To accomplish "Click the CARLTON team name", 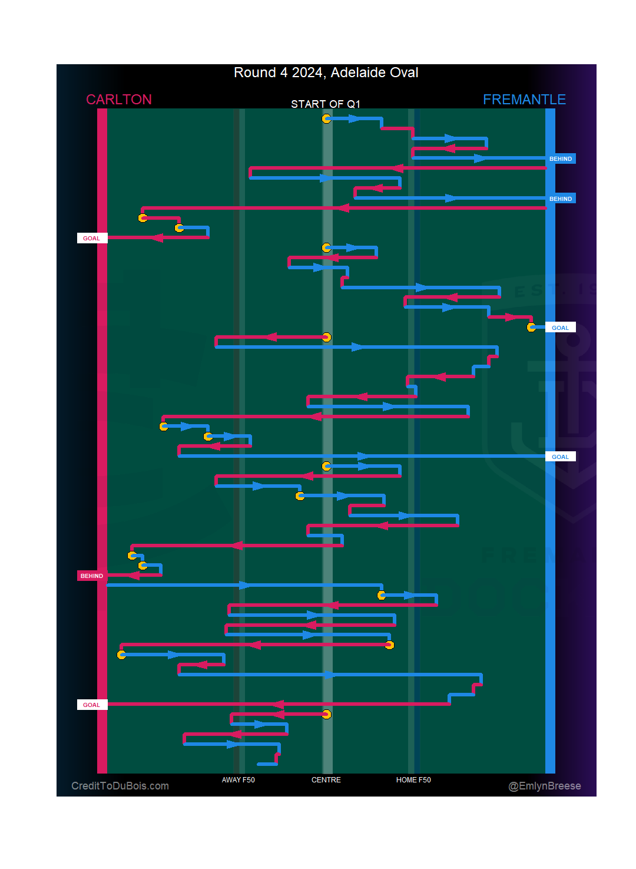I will pos(119,100).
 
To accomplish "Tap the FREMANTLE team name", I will pos(524,100).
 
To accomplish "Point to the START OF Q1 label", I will pos(326,104).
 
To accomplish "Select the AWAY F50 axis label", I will pos(238,780).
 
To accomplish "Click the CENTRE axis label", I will pos(326,780).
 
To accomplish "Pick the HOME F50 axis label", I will pos(413,780).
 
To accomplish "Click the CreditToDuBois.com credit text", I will pos(120,786).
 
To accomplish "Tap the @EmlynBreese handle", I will pos(545,786).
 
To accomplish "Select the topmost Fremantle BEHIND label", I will pos(561,159).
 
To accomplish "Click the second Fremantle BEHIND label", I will pos(561,199).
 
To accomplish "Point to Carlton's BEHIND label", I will pos(92,576).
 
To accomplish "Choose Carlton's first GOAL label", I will pos(91,239).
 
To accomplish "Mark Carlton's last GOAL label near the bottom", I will pos(91,705).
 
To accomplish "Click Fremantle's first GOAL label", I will pos(560,328).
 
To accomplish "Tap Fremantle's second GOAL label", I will pos(560,457).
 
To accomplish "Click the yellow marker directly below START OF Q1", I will pos(326,119).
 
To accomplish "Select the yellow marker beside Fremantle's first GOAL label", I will pos(531,328).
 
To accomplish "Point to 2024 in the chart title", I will pos(307,72).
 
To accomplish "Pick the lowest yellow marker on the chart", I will pos(326,715).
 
